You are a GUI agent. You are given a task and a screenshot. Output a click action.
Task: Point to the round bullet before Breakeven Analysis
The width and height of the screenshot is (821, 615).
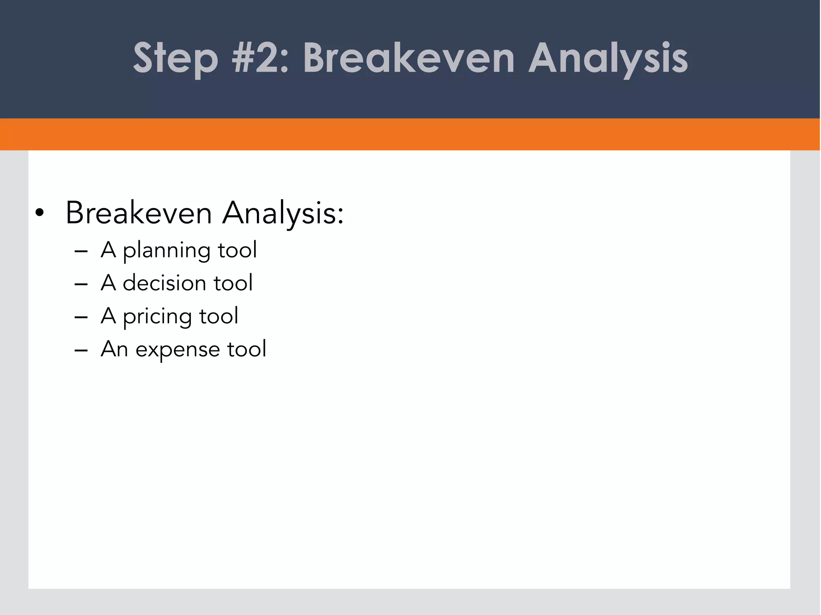[x=39, y=213]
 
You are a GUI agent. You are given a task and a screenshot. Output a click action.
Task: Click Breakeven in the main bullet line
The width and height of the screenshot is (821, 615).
[x=139, y=213]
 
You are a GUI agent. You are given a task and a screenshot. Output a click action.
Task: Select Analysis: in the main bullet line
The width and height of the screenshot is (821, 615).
[x=283, y=213]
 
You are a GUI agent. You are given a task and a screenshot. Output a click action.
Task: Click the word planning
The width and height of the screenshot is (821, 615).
[x=166, y=251]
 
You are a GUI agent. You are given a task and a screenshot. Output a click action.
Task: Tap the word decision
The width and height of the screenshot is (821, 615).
[x=164, y=283]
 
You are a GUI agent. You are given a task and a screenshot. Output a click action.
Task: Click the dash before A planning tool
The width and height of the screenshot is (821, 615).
[x=81, y=251]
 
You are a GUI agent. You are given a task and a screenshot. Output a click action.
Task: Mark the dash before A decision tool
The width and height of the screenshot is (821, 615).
[x=81, y=284]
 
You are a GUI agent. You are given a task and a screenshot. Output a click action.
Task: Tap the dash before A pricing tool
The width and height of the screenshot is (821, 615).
[x=81, y=317]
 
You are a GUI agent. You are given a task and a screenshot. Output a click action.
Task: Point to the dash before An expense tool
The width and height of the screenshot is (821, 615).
[x=81, y=350]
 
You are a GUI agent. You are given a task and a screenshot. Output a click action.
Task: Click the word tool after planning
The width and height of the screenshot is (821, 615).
[x=237, y=250]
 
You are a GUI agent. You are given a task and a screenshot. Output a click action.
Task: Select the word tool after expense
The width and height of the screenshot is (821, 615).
[x=247, y=349]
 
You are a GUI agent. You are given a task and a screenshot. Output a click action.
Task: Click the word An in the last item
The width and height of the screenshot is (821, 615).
[x=114, y=349]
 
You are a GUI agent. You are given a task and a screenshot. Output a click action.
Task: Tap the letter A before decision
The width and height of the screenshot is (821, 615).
[x=108, y=283]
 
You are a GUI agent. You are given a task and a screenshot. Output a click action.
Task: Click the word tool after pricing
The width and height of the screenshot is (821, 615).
[x=219, y=316]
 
